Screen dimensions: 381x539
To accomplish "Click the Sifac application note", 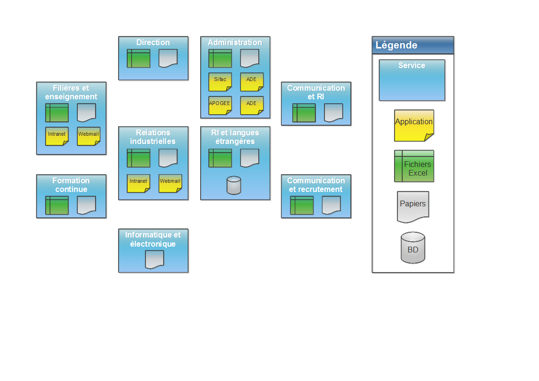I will tap(220, 82).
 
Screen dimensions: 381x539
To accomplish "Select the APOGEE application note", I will tap(220, 105).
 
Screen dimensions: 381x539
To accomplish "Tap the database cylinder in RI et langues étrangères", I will tap(234, 185).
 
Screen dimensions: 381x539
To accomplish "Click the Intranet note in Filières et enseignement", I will tap(57, 136).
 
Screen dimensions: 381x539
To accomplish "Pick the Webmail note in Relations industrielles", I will tap(170, 183).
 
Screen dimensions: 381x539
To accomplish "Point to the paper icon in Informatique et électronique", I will tap(155, 260).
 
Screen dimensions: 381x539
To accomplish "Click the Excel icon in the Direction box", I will tap(139, 58).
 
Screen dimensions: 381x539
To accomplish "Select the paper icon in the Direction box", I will tap(168, 58).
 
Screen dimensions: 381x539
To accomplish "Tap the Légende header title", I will tap(396, 46).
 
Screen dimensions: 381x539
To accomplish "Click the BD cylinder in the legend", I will tap(413, 248).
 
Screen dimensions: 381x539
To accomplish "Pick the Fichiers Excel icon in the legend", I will tap(414, 166).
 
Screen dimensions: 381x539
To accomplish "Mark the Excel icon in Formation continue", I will tap(57, 205).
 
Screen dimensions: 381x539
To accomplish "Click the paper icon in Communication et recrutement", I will tap(331, 205).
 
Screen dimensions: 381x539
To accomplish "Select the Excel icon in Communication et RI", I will tap(304, 113).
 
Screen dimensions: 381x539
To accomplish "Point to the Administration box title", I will tap(235, 43).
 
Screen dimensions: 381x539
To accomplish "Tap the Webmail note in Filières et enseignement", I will tap(89, 136).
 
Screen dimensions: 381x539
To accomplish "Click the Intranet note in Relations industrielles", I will tap(139, 183).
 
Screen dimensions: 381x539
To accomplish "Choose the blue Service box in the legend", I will tap(412, 80).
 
